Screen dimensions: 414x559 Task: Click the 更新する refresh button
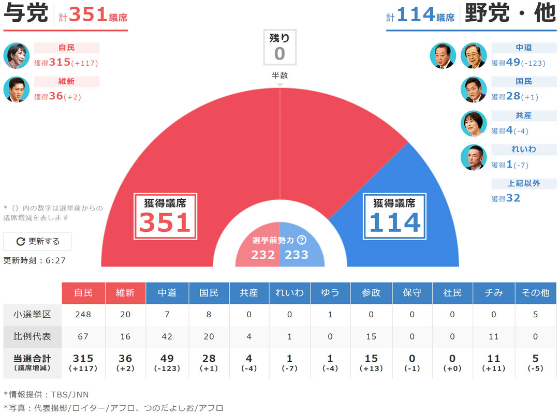38,241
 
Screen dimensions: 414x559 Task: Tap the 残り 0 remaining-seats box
279,47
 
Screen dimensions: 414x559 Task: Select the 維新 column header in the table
125,293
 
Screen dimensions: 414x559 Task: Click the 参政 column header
371,293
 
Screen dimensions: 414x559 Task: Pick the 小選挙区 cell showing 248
83,315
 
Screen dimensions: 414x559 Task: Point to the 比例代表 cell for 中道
167,336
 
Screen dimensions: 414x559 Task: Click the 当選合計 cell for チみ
494,362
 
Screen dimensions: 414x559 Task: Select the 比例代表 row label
32,336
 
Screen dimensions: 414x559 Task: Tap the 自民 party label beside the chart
66,48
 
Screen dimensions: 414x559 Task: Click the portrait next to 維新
17,90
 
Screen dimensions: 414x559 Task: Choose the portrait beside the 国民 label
474,90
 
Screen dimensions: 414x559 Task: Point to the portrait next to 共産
474,124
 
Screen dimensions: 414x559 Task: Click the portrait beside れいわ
474,157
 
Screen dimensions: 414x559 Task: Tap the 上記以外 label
523,183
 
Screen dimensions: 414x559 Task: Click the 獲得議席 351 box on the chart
165,216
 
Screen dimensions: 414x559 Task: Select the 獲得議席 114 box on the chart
394,216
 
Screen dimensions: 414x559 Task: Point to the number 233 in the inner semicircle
297,255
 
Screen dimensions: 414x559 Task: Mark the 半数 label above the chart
279,76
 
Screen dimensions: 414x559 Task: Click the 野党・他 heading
510,14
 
